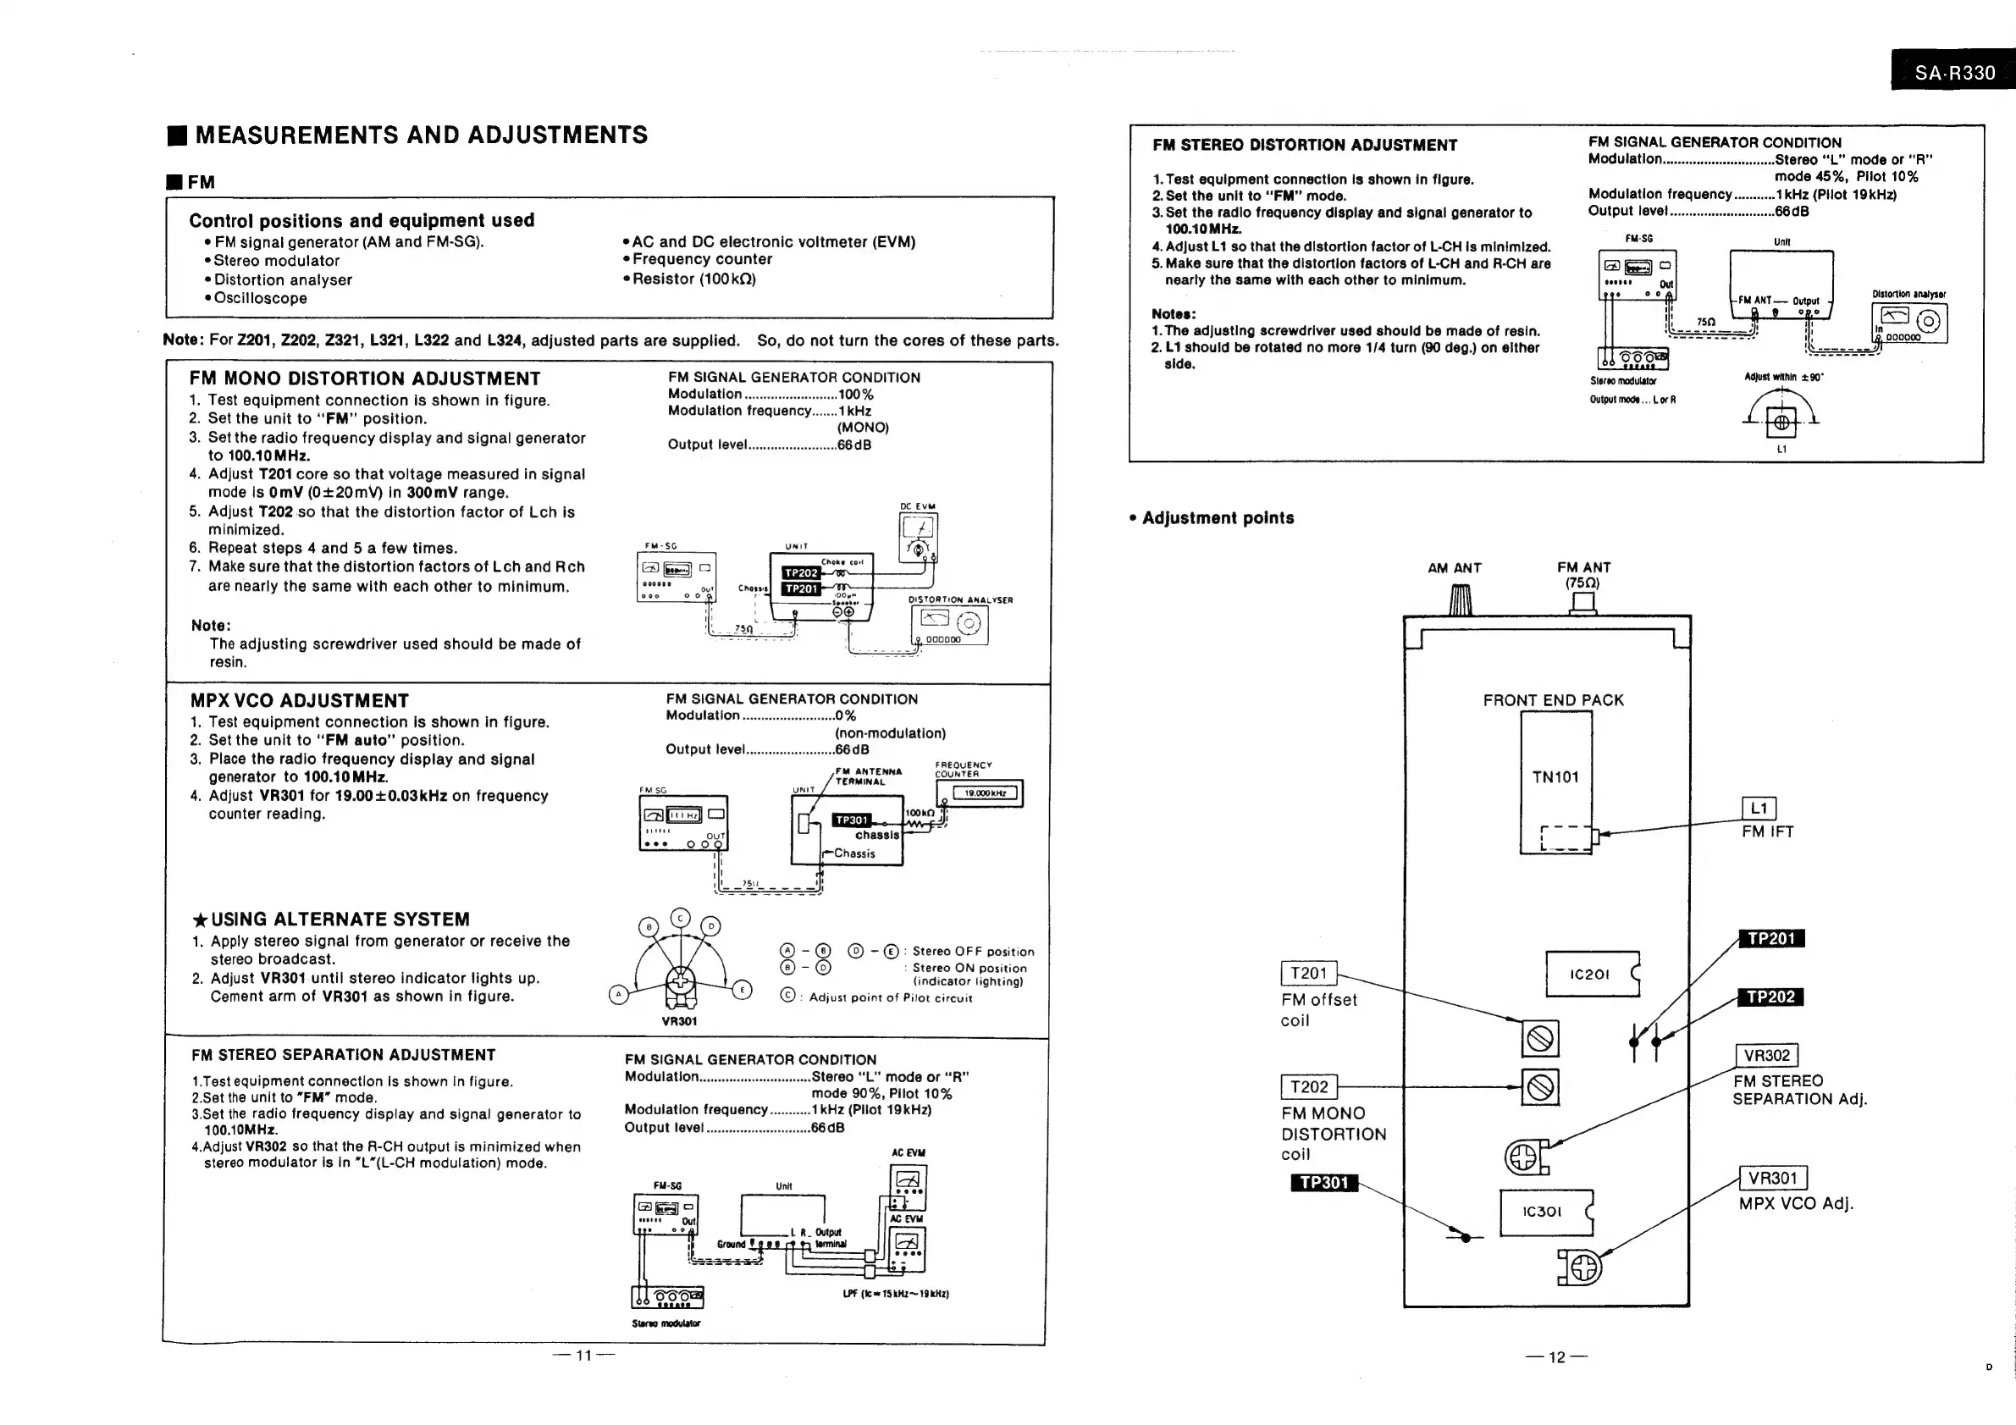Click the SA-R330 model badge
[x=1953, y=72]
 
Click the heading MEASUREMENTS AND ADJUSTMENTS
[x=421, y=135]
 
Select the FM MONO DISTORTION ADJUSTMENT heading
[x=364, y=378]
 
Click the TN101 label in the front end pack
[x=1555, y=777]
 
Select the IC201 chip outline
[x=1592, y=974]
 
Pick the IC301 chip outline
[x=1544, y=1212]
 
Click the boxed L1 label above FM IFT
[x=1758, y=809]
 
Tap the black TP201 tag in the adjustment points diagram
[x=1771, y=939]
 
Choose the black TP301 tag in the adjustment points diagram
[x=1324, y=1183]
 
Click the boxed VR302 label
[x=1766, y=1055]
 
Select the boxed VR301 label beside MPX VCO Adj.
[x=1773, y=1179]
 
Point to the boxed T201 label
[x=1308, y=973]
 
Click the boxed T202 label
[x=1308, y=1087]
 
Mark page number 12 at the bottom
[x=1557, y=1357]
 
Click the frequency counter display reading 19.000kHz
[x=985, y=793]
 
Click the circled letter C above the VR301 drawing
[x=681, y=919]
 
